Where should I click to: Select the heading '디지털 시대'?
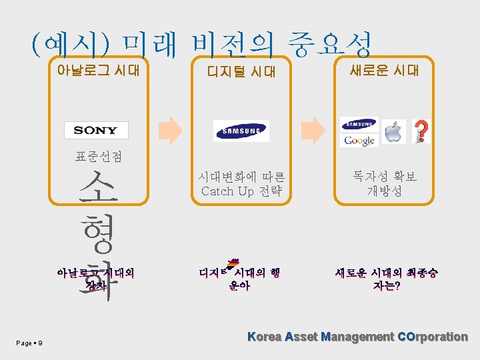[241, 71]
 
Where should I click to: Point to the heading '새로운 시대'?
[385, 70]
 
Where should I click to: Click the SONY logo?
[96, 130]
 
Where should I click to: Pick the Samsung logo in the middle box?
[241, 131]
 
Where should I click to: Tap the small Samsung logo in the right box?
[359, 124]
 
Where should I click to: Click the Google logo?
[360, 141]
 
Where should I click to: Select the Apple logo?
[395, 131]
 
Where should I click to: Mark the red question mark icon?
[421, 131]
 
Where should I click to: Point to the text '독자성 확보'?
[385, 177]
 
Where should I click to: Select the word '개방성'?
[385, 191]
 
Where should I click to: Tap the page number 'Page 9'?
[30, 343]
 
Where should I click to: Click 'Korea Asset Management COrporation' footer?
[357, 337]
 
